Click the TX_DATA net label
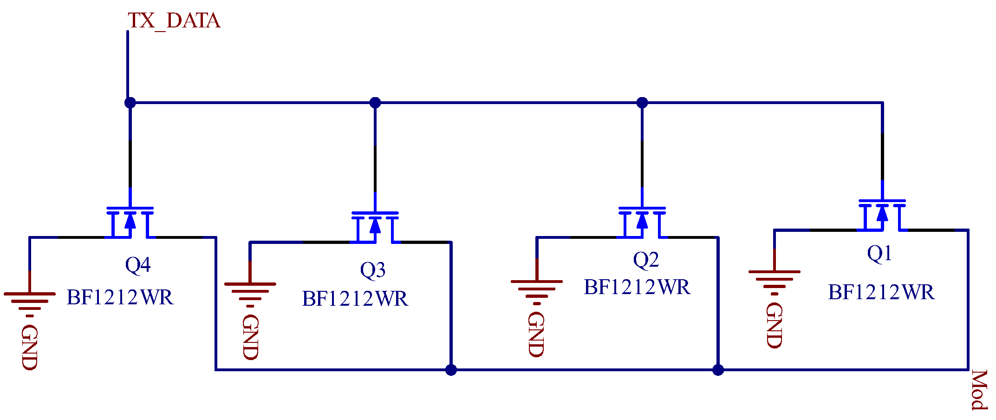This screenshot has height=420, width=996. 174,21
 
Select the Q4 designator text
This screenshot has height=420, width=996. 138,265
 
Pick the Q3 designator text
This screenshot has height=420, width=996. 372,270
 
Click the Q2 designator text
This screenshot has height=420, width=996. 646,260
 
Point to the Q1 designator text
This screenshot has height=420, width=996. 879,254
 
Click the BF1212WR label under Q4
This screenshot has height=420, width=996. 120,297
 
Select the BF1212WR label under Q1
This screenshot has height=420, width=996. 881,293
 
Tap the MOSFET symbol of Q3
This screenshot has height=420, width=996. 375,227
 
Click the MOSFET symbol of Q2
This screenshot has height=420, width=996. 642,222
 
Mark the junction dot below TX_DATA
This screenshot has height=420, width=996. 130,103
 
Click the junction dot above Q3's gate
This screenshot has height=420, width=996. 375,103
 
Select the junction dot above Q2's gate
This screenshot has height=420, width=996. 642,103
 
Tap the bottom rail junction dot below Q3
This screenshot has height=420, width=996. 451,370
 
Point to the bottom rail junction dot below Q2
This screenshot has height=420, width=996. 718,370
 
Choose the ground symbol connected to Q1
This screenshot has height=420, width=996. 774,281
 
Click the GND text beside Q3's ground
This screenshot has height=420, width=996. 250,337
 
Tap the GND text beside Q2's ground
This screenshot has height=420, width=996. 536,335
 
